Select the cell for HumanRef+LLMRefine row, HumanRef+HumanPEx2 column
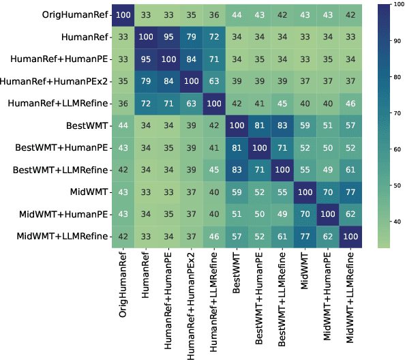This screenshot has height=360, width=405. pyautogui.click(x=193, y=103)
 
